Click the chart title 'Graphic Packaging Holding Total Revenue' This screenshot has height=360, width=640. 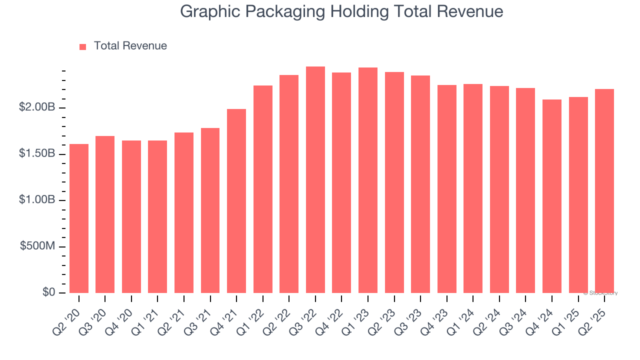click(x=341, y=11)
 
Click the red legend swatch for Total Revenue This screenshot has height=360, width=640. click(x=83, y=46)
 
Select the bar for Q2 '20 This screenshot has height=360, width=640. click(x=79, y=218)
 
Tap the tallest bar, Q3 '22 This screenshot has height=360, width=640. click(x=315, y=180)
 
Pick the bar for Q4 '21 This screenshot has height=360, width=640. click(x=236, y=201)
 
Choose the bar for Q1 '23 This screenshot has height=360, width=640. click(x=368, y=180)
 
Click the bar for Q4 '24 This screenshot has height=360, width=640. click(x=552, y=196)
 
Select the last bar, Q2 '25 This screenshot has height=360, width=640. click(x=604, y=191)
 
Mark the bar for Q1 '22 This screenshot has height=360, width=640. click(x=263, y=189)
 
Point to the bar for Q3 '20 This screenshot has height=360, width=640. click(x=105, y=214)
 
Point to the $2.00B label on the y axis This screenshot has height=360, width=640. click(x=37, y=108)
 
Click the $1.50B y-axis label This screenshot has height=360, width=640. click(x=37, y=154)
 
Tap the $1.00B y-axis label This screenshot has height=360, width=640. click(x=37, y=200)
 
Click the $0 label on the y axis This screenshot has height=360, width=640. click(x=48, y=292)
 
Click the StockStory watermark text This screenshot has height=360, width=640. click(x=600, y=293)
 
